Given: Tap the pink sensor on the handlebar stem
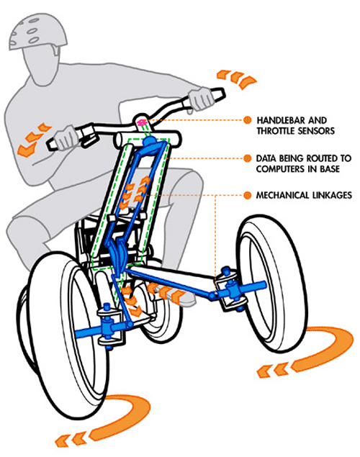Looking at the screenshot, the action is (x=142, y=122).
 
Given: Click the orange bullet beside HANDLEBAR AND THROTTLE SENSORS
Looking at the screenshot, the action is (x=248, y=120).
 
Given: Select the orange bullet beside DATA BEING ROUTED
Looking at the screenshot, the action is (x=248, y=158).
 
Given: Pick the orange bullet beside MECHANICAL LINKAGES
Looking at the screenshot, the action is (x=248, y=195).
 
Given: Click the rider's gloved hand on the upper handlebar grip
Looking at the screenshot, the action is (x=201, y=99).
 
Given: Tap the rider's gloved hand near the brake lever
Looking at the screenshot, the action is (x=66, y=137).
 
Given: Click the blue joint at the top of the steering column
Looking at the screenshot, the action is (x=150, y=142).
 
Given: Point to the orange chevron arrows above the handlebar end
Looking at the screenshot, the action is (x=237, y=78).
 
